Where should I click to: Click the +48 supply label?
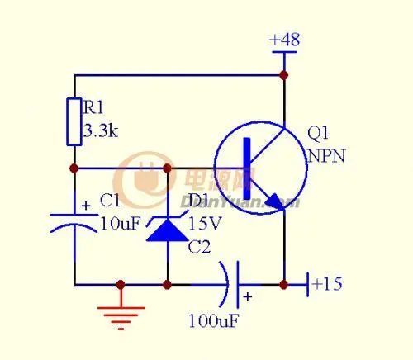284,40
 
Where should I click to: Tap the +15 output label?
327,284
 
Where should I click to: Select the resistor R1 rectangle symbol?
74,121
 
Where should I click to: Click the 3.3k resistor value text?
101,130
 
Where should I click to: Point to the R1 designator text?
93,107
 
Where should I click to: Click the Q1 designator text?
318,133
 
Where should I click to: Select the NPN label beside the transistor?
326,156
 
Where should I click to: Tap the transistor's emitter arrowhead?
274,201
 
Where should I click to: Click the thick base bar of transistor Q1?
247,168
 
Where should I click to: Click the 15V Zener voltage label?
205,223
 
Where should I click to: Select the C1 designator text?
110,200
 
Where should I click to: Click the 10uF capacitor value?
121,223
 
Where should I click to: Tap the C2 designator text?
199,247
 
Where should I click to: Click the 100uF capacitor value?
214,320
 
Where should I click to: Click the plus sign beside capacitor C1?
86,206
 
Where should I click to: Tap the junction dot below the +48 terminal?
284,75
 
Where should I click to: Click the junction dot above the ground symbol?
121,285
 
